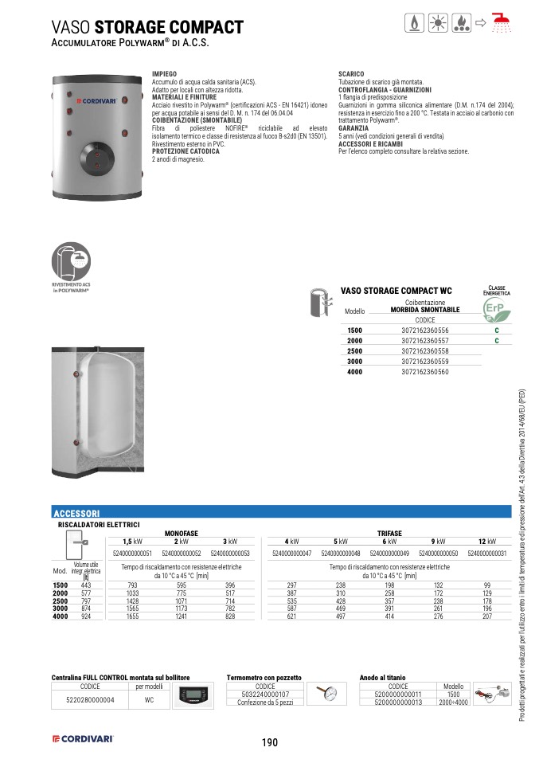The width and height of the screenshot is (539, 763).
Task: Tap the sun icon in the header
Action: tap(438, 23)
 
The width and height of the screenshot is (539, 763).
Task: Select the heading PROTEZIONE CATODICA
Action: tap(181, 151)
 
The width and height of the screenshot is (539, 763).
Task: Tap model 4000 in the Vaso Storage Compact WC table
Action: tap(355, 372)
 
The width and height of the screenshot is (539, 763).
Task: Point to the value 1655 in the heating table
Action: tap(133, 617)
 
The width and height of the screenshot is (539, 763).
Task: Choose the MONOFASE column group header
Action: tap(181, 532)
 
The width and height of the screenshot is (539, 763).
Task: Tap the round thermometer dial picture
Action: tap(326, 694)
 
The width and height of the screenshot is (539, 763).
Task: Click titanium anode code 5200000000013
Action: tap(398, 702)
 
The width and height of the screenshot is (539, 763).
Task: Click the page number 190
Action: tap(269, 742)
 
